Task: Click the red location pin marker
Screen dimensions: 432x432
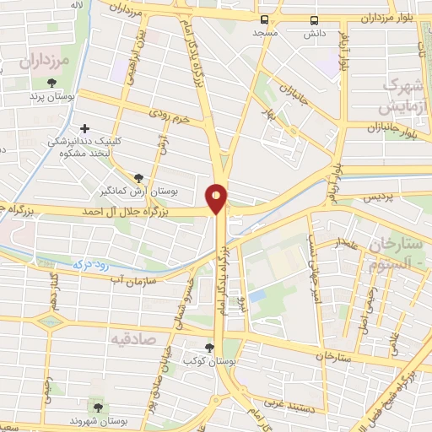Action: tap(217, 197)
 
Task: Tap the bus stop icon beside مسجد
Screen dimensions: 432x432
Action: tap(265, 19)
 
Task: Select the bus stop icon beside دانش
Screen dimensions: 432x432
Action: tap(315, 19)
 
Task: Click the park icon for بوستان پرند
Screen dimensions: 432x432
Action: tap(52, 83)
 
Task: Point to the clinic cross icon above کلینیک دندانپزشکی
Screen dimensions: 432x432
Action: tap(82, 129)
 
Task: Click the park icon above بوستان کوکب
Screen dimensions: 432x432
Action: tap(210, 347)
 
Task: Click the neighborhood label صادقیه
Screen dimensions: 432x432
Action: tap(133, 337)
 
